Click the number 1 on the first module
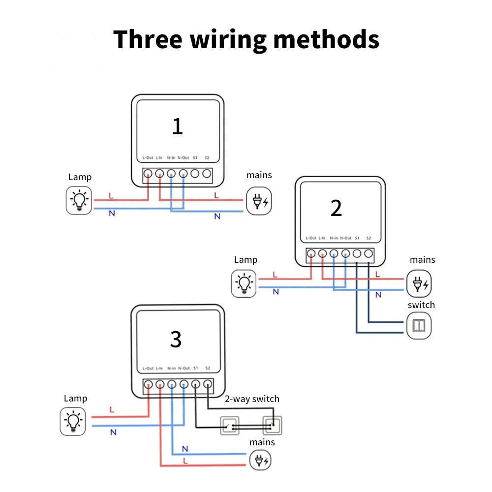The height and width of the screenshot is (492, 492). point(177,126)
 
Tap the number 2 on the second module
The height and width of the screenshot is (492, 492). point(336,209)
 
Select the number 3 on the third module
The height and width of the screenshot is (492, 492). point(176,339)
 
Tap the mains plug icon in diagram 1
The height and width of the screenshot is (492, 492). point(259,201)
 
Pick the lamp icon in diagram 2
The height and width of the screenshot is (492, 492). point(245,283)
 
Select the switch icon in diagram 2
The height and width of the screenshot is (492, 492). point(419,325)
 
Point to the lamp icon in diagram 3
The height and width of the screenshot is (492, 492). point(73,422)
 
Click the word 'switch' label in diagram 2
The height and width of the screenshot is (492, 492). point(421,305)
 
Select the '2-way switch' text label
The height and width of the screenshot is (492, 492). point(252,399)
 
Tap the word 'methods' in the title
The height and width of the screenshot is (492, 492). point(326,39)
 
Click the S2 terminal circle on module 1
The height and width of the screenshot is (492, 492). point(207,174)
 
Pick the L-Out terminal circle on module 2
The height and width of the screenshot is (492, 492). point(311,254)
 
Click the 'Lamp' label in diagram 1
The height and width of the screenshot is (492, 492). point(80,177)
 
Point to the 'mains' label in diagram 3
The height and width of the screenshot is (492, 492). point(262,442)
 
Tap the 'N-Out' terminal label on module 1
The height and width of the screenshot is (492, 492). point(183,158)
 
